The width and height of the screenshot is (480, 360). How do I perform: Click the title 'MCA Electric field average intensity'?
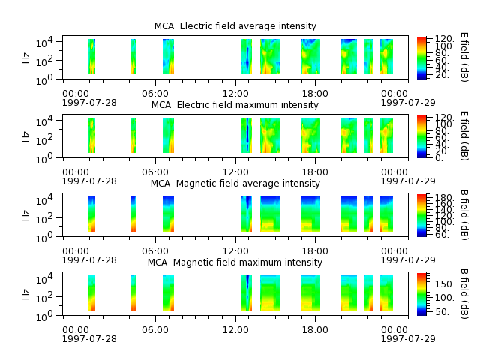click(235, 26)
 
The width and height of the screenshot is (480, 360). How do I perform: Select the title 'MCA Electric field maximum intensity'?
click(235, 105)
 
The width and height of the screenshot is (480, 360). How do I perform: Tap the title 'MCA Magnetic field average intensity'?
click(235, 184)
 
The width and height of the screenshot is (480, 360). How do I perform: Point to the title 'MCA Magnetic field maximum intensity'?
click(235, 262)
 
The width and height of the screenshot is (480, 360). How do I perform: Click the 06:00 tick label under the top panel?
click(155, 93)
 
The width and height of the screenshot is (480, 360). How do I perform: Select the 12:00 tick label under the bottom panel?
click(235, 330)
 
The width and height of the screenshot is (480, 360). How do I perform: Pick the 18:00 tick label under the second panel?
click(315, 172)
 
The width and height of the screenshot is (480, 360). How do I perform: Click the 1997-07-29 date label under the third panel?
click(408, 260)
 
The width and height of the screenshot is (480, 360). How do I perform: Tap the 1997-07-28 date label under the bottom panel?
click(89, 339)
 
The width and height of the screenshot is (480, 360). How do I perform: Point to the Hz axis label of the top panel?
click(26, 58)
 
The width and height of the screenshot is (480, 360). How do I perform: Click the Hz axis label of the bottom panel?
click(26, 294)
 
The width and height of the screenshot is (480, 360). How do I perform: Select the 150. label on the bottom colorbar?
click(443, 284)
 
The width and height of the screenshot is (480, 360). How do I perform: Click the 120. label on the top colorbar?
click(444, 39)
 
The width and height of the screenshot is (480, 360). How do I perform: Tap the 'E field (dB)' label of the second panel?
click(464, 136)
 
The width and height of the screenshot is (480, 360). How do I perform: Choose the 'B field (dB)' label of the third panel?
click(464, 215)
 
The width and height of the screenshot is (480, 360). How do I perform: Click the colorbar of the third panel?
click(421, 215)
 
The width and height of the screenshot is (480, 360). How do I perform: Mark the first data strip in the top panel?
click(91, 57)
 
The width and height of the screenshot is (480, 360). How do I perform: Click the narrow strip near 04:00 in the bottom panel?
click(133, 293)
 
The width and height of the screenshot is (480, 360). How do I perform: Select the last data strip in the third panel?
click(387, 214)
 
